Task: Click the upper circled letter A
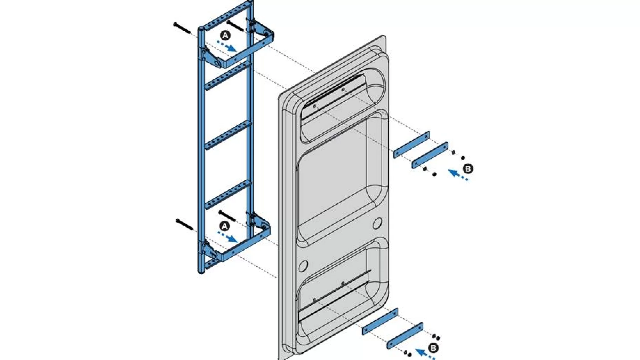pyautogui.click(x=226, y=35)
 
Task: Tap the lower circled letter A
pyautogui.click(x=225, y=226)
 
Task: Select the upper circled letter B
pyautogui.click(x=468, y=169)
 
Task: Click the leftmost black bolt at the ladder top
pyautogui.click(x=182, y=28)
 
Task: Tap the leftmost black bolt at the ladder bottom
pyautogui.click(x=184, y=224)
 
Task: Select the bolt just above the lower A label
pyautogui.click(x=227, y=216)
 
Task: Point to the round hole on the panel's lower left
pyautogui.click(x=303, y=266)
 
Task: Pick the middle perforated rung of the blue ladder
pyautogui.click(x=228, y=135)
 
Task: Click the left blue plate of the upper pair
pyautogui.click(x=411, y=145)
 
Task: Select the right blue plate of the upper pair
pyautogui.click(x=430, y=155)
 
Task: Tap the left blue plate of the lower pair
pyautogui.click(x=380, y=321)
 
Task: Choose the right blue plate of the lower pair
pyautogui.click(x=405, y=336)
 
